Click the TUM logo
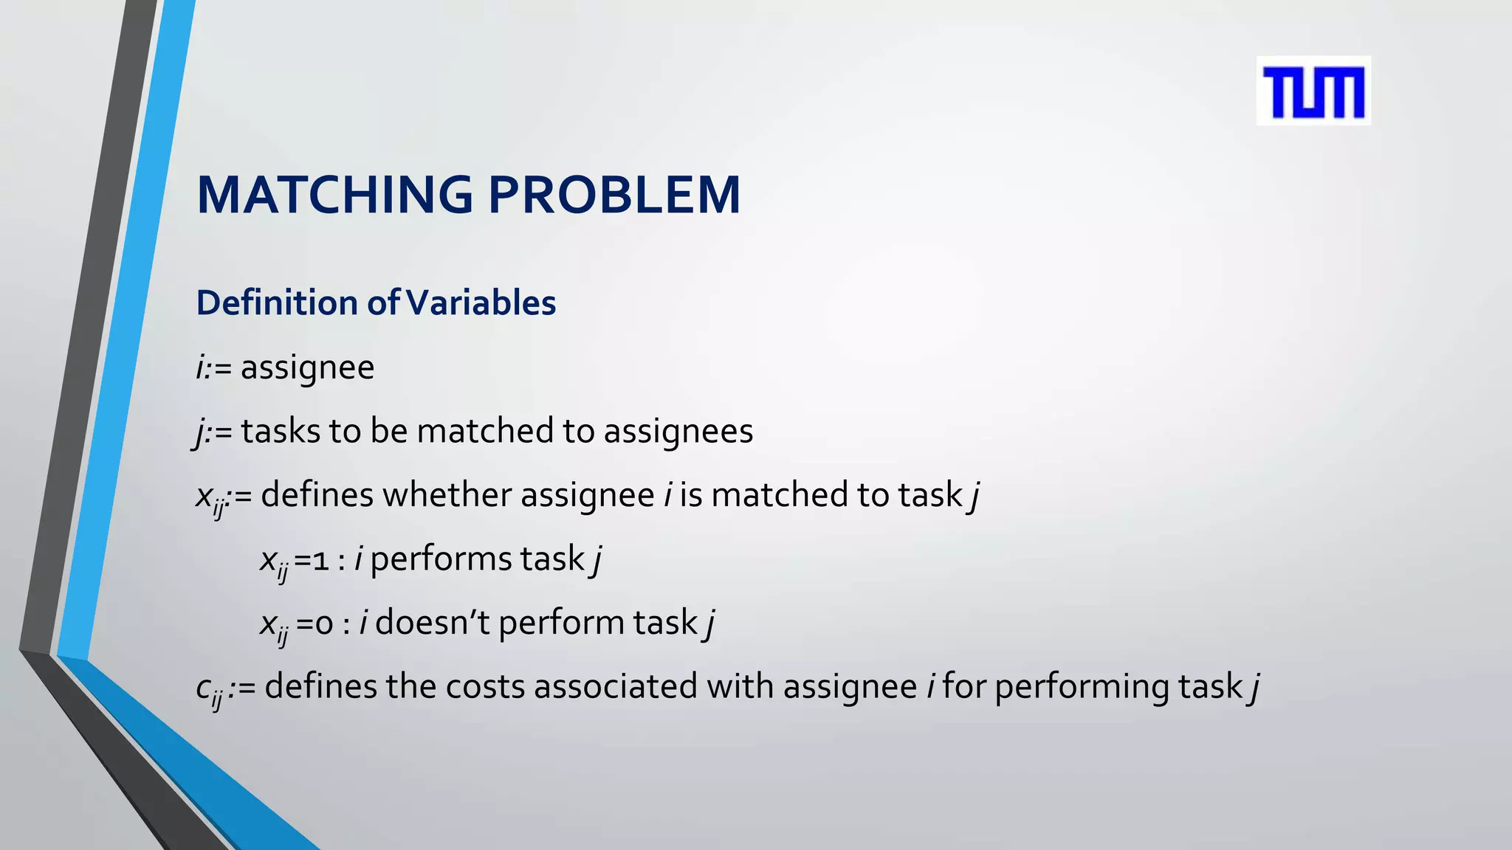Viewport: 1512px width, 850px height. (x=1313, y=91)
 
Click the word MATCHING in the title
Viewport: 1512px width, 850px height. (x=334, y=196)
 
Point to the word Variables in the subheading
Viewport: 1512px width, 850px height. (x=481, y=303)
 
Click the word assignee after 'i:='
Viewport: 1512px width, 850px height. (x=307, y=367)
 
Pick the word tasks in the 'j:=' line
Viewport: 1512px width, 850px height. (x=280, y=431)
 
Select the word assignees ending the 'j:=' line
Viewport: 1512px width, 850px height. (x=678, y=431)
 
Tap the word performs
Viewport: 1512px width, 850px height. (x=441, y=559)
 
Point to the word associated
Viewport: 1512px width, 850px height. (x=615, y=687)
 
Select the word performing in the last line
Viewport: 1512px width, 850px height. (x=1082, y=687)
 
